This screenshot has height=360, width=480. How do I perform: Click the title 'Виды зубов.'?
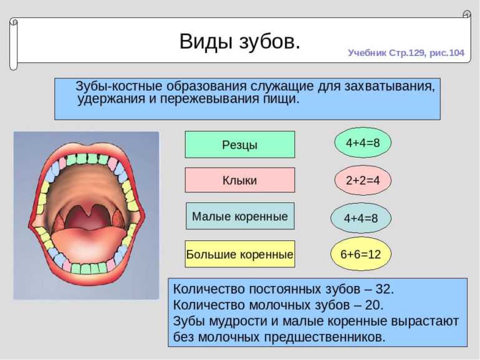240,41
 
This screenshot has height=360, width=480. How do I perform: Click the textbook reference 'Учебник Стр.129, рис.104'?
406,53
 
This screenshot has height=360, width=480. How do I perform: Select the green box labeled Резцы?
240,144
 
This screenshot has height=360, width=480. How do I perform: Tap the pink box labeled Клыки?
240,180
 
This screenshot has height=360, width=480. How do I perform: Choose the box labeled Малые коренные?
240,216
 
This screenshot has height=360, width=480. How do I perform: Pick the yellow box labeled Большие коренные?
240,254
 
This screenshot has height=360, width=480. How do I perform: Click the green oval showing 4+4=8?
363,143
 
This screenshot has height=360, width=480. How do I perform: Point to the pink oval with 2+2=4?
363,180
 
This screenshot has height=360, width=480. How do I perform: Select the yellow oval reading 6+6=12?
361,254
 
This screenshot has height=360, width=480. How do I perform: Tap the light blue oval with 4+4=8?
361,218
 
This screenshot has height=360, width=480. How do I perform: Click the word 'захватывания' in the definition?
390,86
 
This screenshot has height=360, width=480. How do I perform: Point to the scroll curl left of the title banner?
14,44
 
